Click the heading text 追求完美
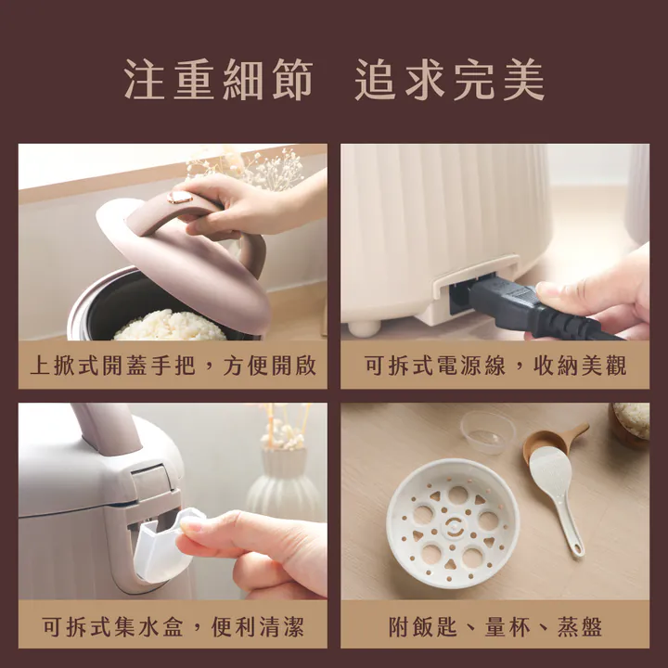[x=449, y=82]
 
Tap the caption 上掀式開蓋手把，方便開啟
[x=173, y=365]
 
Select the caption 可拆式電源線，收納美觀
[x=495, y=365]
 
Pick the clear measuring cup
[x=487, y=431]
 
